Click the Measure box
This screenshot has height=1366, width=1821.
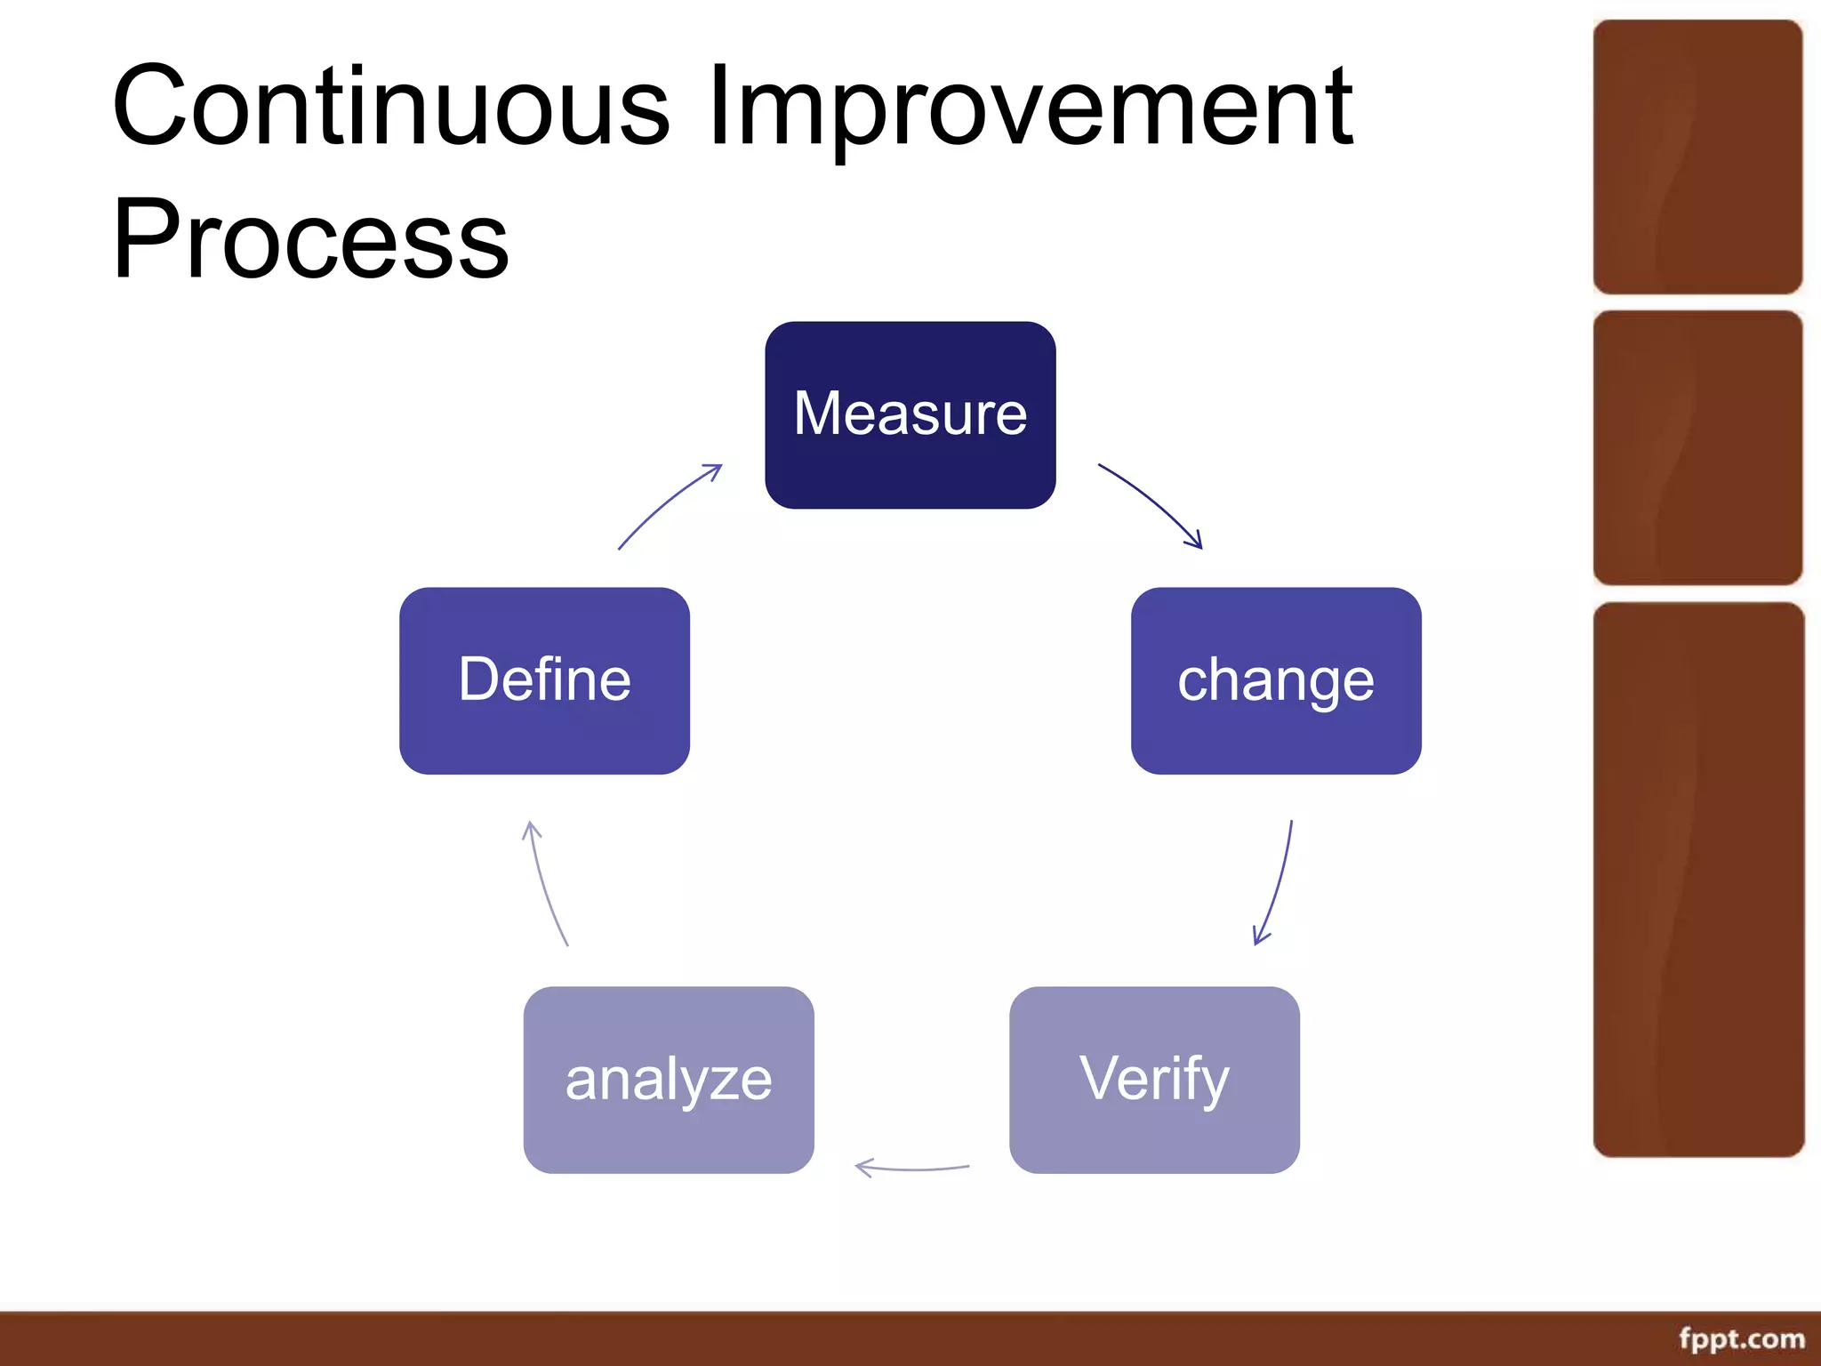(x=910, y=415)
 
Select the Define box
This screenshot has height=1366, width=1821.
(x=544, y=680)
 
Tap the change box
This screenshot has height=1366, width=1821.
(x=1275, y=680)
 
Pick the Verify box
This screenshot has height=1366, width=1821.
(x=1154, y=1080)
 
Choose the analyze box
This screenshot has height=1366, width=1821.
(x=669, y=1080)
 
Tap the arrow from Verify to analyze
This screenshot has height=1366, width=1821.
(x=911, y=1168)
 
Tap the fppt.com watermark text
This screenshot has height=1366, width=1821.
(x=1741, y=1338)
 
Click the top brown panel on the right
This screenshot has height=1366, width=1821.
(x=1697, y=157)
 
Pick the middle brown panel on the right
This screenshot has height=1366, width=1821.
(x=1697, y=447)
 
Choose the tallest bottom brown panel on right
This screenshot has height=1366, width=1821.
(x=1697, y=879)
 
